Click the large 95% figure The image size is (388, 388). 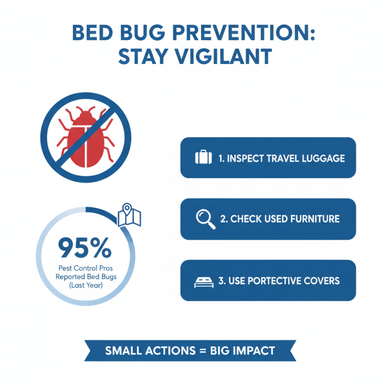pos(85,248)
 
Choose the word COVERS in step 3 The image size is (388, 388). pos(323,281)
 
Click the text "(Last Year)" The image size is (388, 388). pos(85,286)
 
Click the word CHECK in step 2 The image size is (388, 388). pos(246,219)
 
